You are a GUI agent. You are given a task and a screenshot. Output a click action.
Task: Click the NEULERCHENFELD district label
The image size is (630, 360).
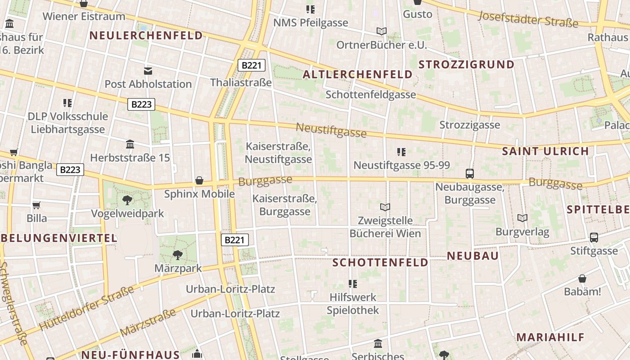tap(146, 36)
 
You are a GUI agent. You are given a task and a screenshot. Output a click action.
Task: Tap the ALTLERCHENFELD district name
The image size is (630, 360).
tap(358, 74)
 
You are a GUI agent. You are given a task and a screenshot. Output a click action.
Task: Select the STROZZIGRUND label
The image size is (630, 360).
tap(466, 64)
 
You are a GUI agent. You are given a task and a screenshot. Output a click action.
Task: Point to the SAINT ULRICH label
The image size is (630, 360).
tap(545, 151)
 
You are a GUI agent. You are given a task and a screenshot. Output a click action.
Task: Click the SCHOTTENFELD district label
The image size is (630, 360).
tap(380, 262)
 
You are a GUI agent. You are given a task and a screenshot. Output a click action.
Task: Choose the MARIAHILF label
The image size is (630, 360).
tap(550, 337)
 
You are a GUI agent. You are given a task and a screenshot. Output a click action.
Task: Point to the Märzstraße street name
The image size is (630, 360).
tap(148, 322)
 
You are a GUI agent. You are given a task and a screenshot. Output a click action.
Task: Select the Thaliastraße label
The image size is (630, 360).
tap(241, 82)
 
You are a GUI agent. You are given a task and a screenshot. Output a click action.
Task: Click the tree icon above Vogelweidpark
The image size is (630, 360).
tap(127, 200)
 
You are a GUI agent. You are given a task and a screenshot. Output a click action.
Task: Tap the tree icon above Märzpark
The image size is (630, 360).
tap(178, 255)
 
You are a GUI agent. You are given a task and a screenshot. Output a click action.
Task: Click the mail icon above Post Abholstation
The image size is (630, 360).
tap(148, 71)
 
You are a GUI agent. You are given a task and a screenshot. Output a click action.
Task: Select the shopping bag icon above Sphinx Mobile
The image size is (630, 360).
tap(199, 180)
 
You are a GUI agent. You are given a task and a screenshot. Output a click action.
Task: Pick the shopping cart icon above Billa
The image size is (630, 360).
tap(36, 205)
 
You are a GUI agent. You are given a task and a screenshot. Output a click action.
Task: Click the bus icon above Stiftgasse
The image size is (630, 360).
tap(594, 237)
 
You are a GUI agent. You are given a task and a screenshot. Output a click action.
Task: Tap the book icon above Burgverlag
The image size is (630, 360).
tap(522, 218)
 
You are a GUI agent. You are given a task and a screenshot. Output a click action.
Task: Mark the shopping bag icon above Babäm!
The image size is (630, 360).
tap(582, 279)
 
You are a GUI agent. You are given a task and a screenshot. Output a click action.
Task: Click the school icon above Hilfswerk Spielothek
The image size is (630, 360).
tap(353, 283)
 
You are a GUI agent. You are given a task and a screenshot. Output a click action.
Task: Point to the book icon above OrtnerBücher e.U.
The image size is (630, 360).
tap(382, 31)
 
